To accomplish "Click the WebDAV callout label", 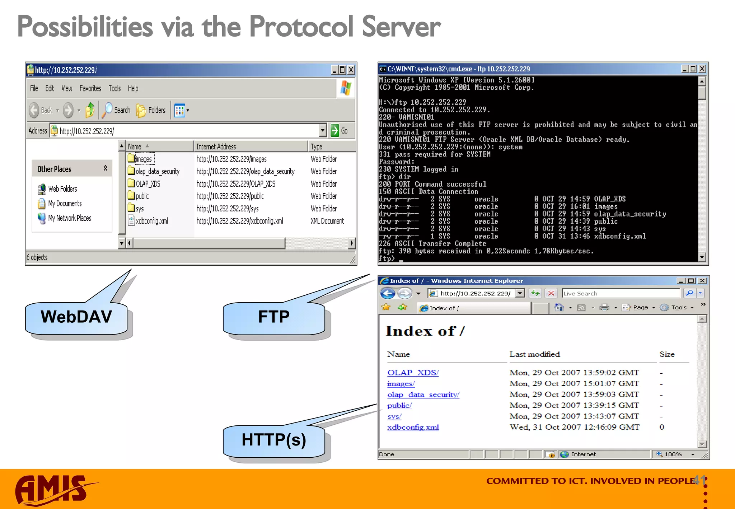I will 76,317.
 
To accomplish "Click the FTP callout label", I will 273,317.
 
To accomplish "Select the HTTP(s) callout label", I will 273,440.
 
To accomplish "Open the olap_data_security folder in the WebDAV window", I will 157,172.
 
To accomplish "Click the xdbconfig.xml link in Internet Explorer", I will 413,427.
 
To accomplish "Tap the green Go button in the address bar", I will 339,131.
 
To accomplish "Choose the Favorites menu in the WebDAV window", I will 90,88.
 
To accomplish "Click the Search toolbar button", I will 117,110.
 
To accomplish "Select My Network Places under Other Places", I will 69,218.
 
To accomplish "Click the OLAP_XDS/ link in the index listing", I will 413,373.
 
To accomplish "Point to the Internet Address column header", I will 216,146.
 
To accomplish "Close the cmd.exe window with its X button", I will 702,69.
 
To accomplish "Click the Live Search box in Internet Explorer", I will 621,293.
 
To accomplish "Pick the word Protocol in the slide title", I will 301,27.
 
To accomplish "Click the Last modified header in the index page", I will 534,354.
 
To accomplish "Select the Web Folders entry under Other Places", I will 62,189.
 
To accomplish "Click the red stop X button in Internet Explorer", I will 551,293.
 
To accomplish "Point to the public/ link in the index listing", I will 399,405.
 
